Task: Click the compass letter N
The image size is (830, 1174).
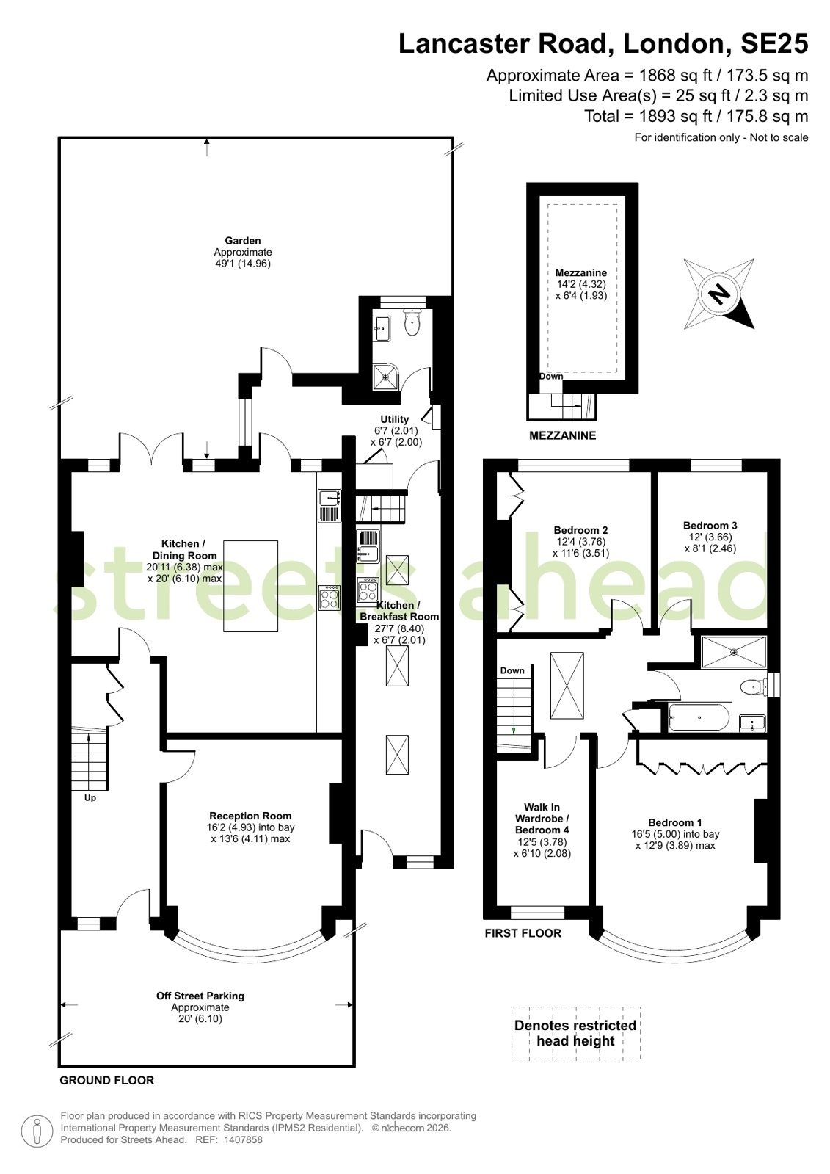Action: [x=719, y=294]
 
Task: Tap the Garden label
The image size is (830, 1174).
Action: [x=243, y=241]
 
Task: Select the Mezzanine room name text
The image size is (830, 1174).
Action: [x=581, y=272]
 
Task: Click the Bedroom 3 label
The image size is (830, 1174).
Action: [x=710, y=525]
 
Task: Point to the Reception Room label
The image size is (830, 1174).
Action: [x=250, y=816]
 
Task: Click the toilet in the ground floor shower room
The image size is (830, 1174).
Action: [x=413, y=322]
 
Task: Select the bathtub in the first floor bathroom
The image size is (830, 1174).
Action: [x=699, y=717]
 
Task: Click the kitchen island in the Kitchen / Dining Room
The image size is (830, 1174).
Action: [x=250, y=586]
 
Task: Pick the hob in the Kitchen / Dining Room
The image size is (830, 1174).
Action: [x=330, y=598]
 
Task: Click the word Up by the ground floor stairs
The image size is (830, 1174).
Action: [x=90, y=798]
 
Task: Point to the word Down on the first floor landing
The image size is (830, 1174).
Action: [x=512, y=670]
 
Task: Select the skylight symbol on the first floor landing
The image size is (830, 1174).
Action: [x=567, y=685]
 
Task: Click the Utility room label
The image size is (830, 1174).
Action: [x=395, y=419]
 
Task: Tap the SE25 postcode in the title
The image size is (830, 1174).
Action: [x=774, y=44]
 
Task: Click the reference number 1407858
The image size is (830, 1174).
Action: [x=243, y=1139]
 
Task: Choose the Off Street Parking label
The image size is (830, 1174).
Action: [x=200, y=996]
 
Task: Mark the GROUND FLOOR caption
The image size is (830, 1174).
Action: [x=107, y=1080]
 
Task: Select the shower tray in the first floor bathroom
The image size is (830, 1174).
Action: [x=734, y=652]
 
